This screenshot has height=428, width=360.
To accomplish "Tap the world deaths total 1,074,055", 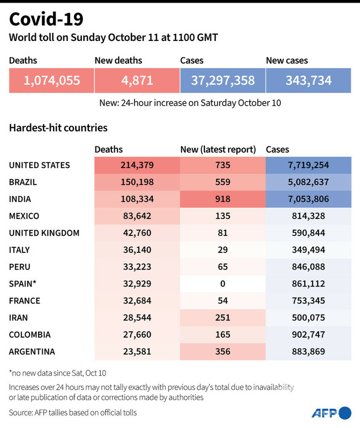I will coord(52,81).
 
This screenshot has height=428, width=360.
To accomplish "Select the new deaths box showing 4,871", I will coord(137,81).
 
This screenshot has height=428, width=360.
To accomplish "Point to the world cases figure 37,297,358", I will coord(223,81).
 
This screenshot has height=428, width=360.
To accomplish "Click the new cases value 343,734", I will coord(308,81).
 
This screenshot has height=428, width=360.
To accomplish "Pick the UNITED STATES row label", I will coord(40,165).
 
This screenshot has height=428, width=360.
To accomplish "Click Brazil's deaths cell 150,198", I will coord(137,182).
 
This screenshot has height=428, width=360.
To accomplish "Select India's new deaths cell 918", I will coord(222,199).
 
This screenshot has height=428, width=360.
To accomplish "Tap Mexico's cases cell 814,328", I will coord(308,216).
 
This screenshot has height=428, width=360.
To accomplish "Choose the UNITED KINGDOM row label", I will coord(44,233).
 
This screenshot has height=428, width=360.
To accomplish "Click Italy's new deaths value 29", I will coord(222,250).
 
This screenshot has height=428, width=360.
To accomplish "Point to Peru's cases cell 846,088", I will coord(308,266).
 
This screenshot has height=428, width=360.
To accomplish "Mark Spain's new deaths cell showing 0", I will coord(222,283).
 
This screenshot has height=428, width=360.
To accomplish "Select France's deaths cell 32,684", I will coord(137,301).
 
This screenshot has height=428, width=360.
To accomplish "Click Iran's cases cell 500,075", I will coord(308,318).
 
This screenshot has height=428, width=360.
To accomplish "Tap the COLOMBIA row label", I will coord(30,335).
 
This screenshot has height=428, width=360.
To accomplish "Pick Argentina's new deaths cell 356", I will coord(222,351).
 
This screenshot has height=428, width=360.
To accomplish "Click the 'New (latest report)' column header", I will coord(218,149).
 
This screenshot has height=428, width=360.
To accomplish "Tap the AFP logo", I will coord(331,412).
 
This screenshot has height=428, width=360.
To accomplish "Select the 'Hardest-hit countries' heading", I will coord(58,128).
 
